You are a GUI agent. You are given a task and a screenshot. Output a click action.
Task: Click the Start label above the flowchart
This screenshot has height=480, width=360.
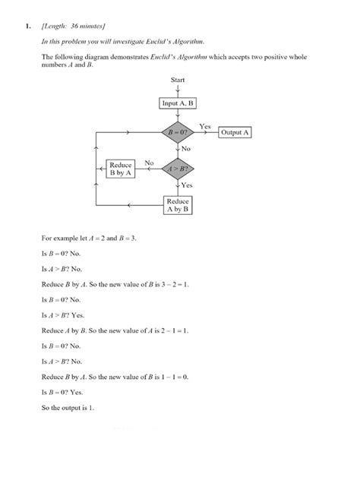178,79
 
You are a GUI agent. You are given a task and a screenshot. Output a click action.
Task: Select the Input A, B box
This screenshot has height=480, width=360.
178,103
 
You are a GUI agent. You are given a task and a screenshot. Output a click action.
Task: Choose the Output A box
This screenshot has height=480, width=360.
235,132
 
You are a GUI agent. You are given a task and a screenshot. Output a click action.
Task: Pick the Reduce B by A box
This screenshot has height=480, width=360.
121,168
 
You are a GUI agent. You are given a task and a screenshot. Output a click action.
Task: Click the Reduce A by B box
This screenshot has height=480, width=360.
178,205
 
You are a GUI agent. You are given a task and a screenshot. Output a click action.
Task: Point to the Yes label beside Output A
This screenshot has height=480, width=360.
204,125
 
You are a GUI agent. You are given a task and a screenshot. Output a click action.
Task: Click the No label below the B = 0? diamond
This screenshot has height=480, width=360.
186,149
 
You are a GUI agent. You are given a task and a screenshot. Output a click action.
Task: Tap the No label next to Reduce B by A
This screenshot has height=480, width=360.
149,162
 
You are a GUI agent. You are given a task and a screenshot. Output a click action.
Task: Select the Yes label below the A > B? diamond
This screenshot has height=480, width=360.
187,185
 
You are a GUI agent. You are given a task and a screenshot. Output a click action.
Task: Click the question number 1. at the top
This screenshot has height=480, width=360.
27,27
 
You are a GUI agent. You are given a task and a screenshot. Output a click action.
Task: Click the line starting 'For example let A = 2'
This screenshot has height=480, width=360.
89,238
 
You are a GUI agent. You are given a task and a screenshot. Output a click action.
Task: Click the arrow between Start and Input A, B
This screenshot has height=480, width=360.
178,89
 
